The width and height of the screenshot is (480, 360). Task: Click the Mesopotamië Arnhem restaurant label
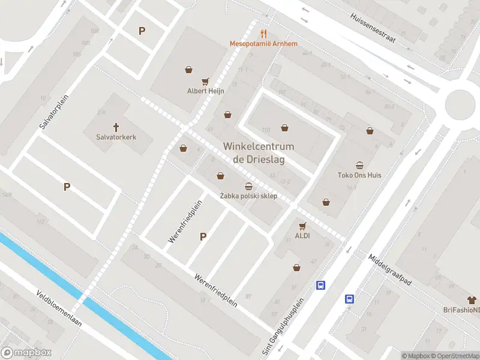263,44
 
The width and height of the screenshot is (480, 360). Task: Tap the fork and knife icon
263,34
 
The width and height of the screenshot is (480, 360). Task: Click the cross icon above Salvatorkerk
116,127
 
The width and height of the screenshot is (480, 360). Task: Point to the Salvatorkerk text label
116,137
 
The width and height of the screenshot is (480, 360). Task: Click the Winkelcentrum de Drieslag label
259,152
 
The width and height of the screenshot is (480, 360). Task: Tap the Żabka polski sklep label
248,196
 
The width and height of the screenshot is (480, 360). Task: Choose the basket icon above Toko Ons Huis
359,166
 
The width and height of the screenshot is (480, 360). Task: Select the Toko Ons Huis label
359,176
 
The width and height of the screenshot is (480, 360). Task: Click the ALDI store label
302,235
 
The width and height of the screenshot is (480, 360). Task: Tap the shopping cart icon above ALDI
302,226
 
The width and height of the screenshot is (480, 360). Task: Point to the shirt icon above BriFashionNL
472,299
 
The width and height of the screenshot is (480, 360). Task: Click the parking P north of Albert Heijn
142,31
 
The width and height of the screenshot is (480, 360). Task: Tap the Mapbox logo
26,353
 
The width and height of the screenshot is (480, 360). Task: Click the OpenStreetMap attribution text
454,356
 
